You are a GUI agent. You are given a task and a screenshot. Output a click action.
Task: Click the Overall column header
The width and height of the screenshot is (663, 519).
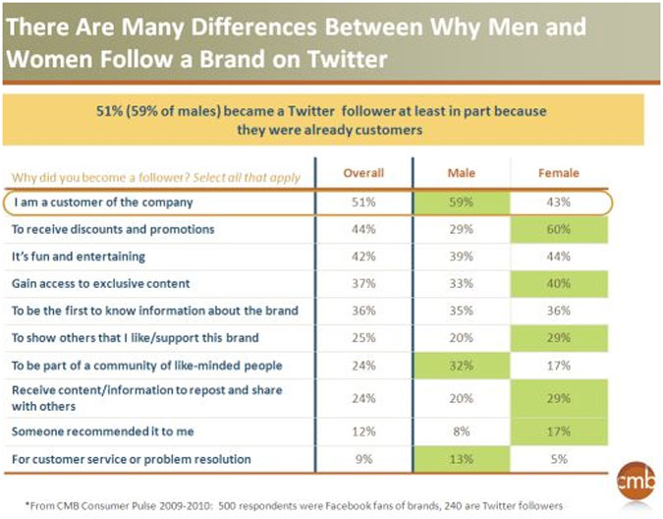coord(363,174)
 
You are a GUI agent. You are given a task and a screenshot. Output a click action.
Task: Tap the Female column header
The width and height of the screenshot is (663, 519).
coord(559,174)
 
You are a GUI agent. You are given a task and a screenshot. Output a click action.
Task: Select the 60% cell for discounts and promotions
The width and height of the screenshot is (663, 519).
coord(559,229)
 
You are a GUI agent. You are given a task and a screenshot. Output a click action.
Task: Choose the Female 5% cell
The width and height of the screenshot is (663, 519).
coord(559,459)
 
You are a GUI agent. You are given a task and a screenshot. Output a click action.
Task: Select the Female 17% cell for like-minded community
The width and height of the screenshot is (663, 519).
coord(559,365)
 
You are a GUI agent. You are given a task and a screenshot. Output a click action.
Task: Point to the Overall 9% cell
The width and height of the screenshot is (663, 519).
coord(363,459)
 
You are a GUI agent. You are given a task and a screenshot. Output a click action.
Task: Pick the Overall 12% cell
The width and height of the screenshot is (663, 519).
coord(363,432)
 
